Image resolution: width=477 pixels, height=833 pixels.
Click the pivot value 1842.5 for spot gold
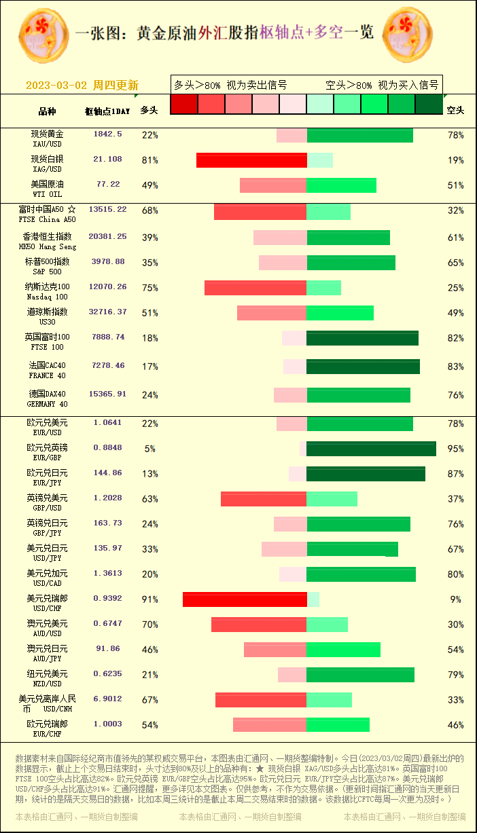107,134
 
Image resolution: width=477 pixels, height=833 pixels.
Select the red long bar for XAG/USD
251,160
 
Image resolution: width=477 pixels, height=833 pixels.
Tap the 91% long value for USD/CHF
149,599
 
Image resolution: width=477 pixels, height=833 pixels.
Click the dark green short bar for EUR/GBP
371,449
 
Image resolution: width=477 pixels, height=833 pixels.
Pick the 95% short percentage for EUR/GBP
455,449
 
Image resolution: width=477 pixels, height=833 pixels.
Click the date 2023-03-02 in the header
56,86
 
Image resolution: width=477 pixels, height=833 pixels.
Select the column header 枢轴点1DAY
107,111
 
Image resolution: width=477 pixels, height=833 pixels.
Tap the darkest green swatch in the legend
429,104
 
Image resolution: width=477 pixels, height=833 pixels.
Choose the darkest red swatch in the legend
183,104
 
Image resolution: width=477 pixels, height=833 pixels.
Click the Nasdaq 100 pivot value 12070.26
107,287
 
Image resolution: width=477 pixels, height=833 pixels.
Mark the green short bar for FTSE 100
362,338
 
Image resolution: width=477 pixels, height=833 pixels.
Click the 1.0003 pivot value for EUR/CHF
107,724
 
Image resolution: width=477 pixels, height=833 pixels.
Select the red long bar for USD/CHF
245,599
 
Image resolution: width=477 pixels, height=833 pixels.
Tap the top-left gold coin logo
43,32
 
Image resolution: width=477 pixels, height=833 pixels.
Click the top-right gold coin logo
408,32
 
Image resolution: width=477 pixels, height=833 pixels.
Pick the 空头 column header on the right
455,110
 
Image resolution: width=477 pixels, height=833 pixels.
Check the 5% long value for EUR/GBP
149,449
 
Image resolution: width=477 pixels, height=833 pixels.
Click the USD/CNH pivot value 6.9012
107,699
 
